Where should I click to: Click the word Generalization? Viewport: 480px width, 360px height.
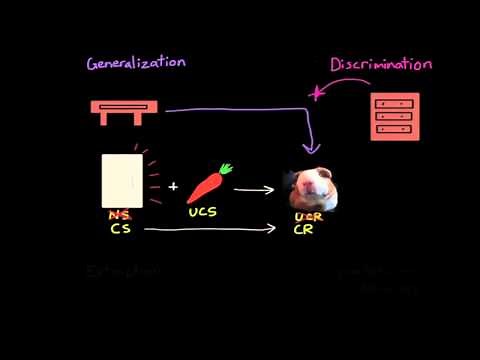point(136,62)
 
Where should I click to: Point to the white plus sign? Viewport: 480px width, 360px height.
point(173,186)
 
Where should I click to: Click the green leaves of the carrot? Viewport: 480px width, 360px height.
point(225,169)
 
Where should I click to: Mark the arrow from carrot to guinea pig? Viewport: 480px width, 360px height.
point(256,188)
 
